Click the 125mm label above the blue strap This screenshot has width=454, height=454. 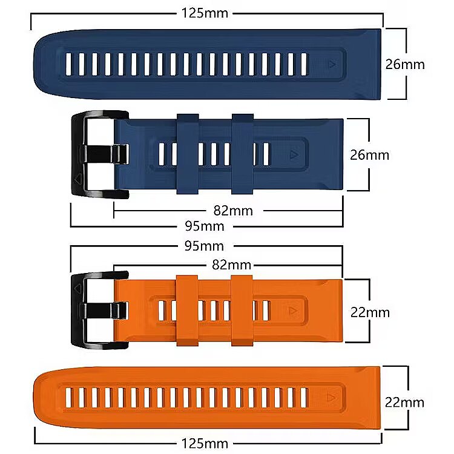tap(205, 13)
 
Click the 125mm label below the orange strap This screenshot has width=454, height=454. tap(205, 444)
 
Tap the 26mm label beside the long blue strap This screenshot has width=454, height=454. tap(405, 64)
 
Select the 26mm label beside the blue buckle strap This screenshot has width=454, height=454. tap(370, 154)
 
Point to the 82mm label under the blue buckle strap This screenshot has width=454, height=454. tap(233, 211)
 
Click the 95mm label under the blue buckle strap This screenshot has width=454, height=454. tap(204, 226)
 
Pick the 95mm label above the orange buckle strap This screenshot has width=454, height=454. tap(204, 246)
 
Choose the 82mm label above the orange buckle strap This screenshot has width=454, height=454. tap(231, 265)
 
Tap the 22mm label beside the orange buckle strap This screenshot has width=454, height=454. tap(370, 312)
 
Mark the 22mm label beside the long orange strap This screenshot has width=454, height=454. tap(405, 402)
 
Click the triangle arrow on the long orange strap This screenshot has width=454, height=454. tap(331, 398)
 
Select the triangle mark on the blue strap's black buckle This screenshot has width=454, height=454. tap(77, 179)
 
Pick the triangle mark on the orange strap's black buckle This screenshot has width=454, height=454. tap(77, 288)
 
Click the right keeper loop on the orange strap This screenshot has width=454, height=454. tap(242, 310)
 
